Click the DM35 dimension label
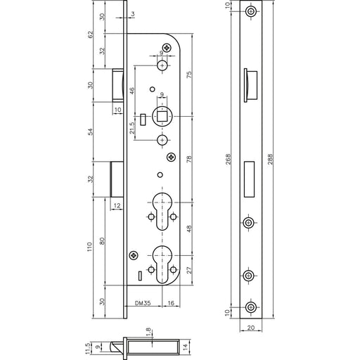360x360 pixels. click(143, 303)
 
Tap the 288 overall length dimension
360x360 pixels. click(270, 159)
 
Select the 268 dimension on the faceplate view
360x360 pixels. click(229, 159)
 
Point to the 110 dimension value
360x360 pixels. click(90, 247)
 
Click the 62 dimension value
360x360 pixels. click(91, 34)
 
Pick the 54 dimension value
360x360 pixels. click(91, 131)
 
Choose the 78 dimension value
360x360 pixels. click(189, 159)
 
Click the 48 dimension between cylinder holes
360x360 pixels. click(189, 229)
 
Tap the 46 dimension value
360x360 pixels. click(132, 91)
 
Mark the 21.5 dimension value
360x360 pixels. click(132, 128)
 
